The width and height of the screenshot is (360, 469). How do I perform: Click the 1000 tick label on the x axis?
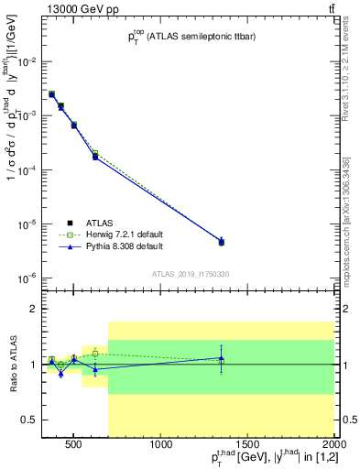point(161,446)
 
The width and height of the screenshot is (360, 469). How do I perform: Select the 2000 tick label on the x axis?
point(334,446)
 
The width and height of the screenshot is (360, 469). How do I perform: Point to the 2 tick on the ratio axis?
point(31,310)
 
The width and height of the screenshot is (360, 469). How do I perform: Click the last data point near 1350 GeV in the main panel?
point(221,242)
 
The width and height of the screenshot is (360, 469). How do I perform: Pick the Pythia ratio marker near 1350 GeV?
point(221,358)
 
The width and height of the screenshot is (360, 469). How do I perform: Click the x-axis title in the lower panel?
point(265,459)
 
